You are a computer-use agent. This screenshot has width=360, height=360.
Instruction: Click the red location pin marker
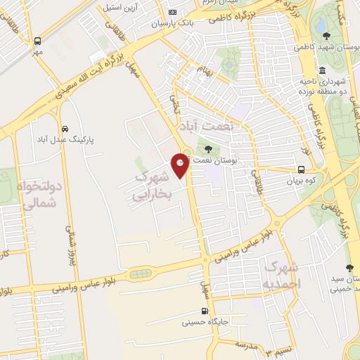tap(181, 165)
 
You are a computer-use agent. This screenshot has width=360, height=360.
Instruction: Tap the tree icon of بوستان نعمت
tap(208, 149)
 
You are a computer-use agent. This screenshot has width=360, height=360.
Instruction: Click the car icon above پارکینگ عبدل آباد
tap(65, 129)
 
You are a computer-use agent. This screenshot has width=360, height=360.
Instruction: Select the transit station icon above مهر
tap(38, 41)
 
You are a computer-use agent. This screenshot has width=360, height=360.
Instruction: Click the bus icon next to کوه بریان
tap(301, 169)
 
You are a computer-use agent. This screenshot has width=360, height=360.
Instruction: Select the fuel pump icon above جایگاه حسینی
tap(205, 311)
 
